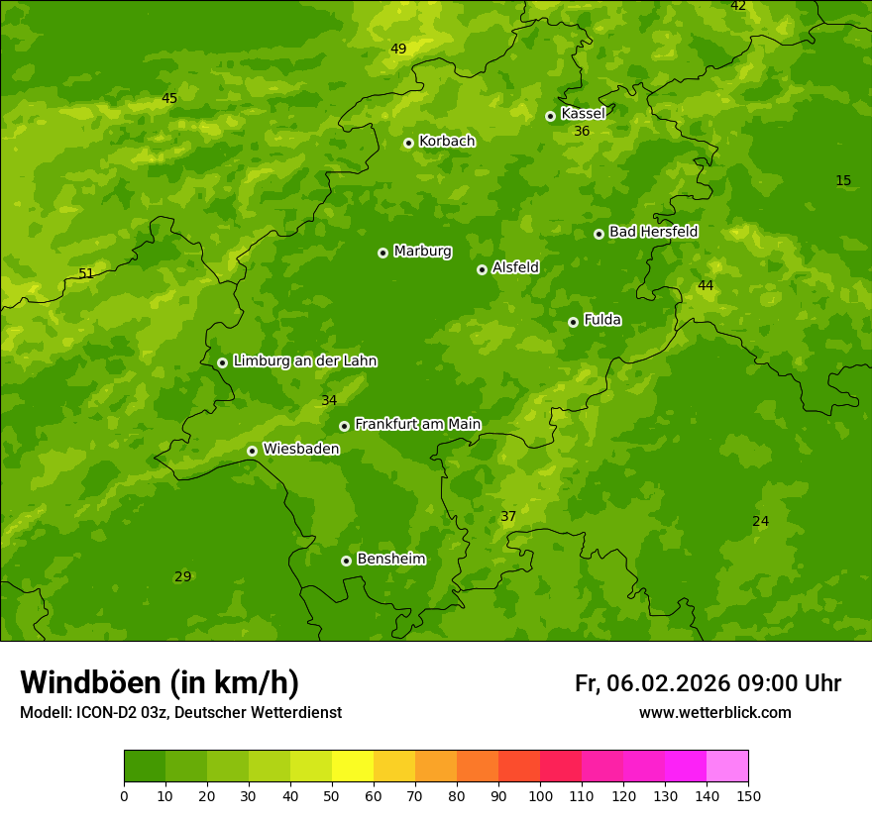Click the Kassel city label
point(583,114)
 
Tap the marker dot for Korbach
point(408,143)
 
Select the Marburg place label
point(422,252)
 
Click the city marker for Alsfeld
point(482,269)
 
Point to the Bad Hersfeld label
point(653,232)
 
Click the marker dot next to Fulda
point(573,322)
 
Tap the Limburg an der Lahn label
point(304,361)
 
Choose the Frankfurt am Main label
point(417,425)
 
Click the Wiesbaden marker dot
point(252,451)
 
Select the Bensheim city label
point(390,560)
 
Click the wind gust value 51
point(86,273)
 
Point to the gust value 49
point(398,49)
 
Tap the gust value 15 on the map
point(843,180)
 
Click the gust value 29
point(183,576)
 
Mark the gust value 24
point(760,521)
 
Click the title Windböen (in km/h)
point(160,682)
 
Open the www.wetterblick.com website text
point(714,713)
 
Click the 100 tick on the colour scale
point(540,795)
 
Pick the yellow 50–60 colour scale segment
point(353,767)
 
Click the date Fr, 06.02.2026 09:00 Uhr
point(708,683)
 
